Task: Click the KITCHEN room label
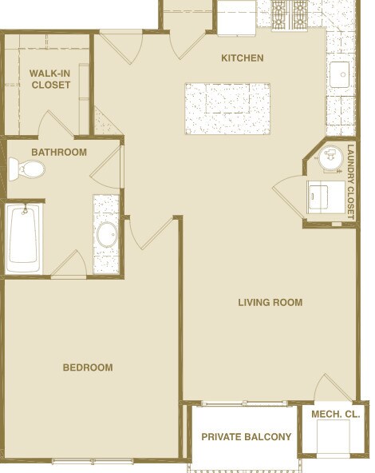pyautogui.click(x=242, y=58)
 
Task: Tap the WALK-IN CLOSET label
pyautogui.click(x=50, y=79)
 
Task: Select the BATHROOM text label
pyautogui.click(x=59, y=152)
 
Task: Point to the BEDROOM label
pyautogui.click(x=88, y=368)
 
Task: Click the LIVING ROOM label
pyautogui.click(x=270, y=302)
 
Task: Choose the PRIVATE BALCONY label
pyautogui.click(x=246, y=436)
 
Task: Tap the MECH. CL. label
pyautogui.click(x=335, y=414)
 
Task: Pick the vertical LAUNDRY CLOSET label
pyautogui.click(x=351, y=182)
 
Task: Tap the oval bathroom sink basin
pyautogui.click(x=106, y=235)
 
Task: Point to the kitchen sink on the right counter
pyautogui.click(x=342, y=75)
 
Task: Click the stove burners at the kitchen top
pyautogui.click(x=290, y=14)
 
